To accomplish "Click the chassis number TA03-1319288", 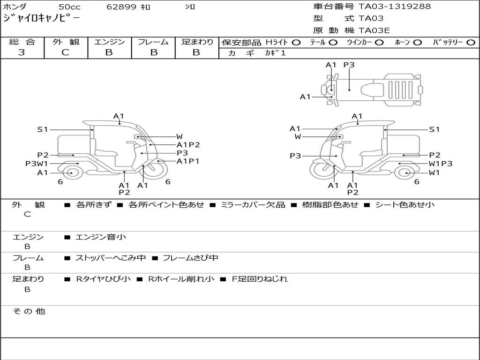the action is pos(395,7).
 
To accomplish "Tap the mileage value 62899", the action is pos(121,7).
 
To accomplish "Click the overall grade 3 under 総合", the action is pos(22,52).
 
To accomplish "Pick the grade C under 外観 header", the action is pos(65,52).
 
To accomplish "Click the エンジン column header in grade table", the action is pos(109,42).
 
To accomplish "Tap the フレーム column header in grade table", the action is pos(153,42).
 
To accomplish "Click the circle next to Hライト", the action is pos(296,43).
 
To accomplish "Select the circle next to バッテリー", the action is pos(471,43).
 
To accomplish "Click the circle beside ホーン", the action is pos(417,43).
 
